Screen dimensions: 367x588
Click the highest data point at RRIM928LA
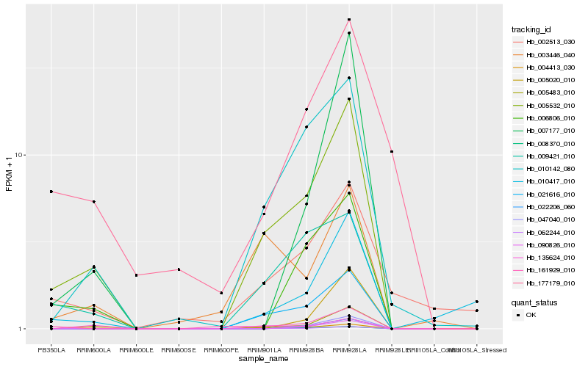click(349, 19)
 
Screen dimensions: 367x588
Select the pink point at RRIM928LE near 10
click(392, 151)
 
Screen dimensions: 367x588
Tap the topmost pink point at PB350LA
click(51, 192)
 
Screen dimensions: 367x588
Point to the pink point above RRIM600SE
click(179, 269)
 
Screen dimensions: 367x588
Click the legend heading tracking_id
click(531, 29)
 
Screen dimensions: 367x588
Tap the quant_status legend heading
click(534, 301)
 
